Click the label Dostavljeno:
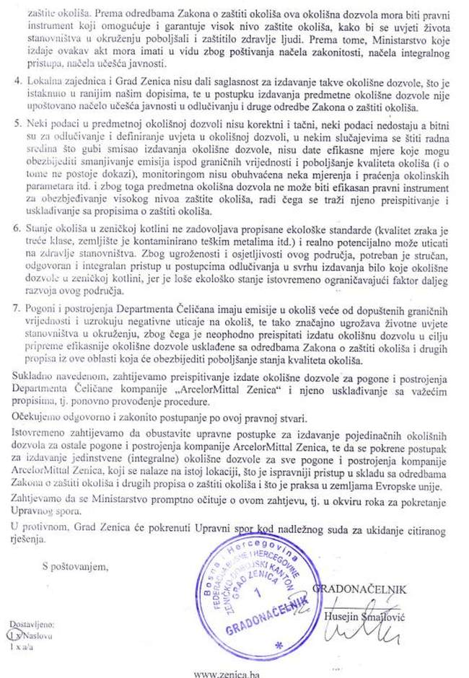click(31, 625)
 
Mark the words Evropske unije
click(400, 487)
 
